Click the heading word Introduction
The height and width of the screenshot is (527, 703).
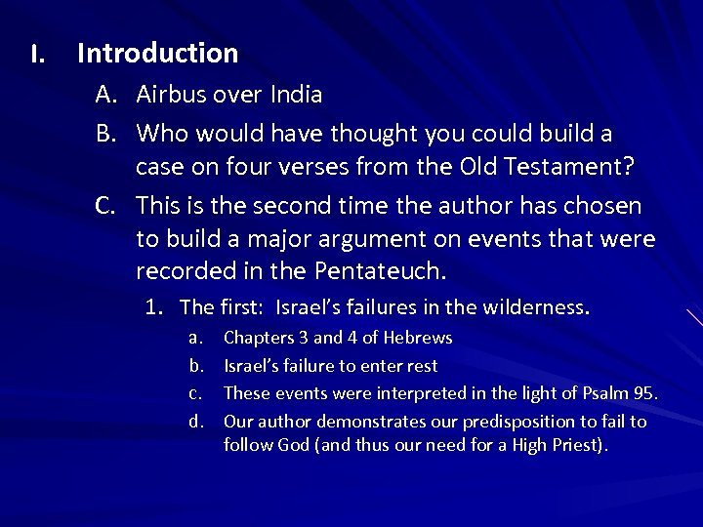(x=157, y=53)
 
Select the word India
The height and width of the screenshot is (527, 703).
(x=293, y=95)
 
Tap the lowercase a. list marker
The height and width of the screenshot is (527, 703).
(x=195, y=338)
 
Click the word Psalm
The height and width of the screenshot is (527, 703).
(x=601, y=393)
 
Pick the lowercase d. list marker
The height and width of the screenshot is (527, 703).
(x=195, y=422)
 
